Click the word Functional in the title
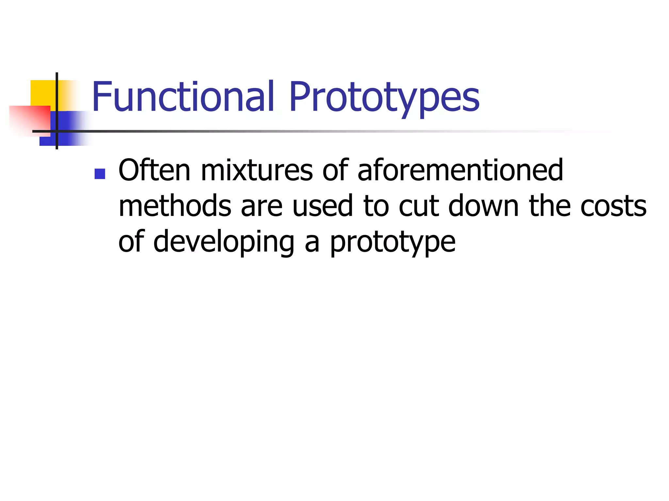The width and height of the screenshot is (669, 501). pyautogui.click(x=183, y=97)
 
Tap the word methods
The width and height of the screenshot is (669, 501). pyautogui.click(x=175, y=206)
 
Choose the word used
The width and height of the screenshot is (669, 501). pyautogui.click(x=323, y=206)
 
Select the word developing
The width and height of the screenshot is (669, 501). pyautogui.click(x=224, y=242)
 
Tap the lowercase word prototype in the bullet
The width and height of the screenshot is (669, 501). pyautogui.click(x=393, y=242)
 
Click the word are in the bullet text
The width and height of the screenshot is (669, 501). pyautogui.click(x=262, y=206)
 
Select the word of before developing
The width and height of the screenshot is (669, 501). pyautogui.click(x=131, y=242)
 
